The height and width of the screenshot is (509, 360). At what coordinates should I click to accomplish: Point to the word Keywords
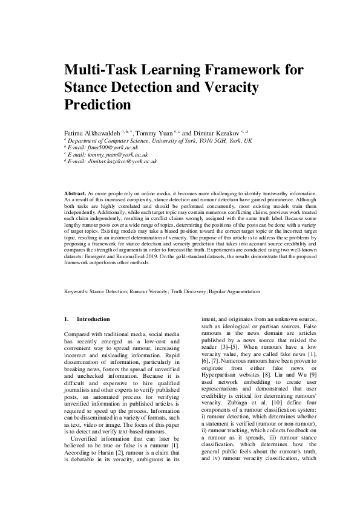click(x=76, y=291)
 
